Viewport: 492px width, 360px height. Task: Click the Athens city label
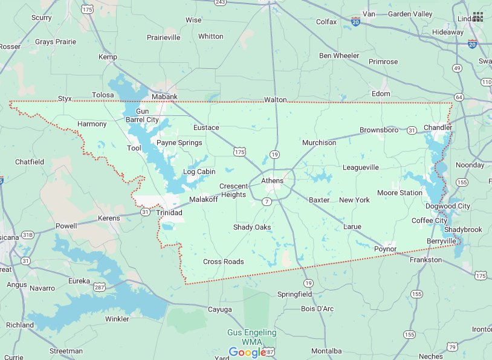pyautogui.click(x=272, y=181)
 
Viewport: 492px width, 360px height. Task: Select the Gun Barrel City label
pyautogui.click(x=142, y=115)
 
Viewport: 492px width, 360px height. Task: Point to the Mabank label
pyautogui.click(x=164, y=97)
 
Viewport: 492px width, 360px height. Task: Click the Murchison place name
pyautogui.click(x=319, y=143)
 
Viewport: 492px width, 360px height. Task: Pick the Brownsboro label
pyautogui.click(x=379, y=130)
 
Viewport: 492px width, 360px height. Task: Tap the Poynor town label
pyautogui.click(x=385, y=249)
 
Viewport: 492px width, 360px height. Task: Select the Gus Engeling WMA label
pyautogui.click(x=252, y=337)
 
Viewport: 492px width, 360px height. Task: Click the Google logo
pyautogui.click(x=247, y=352)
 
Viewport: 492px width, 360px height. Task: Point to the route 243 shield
pyautogui.click(x=221, y=2)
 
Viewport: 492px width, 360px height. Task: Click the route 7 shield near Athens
pyautogui.click(x=266, y=201)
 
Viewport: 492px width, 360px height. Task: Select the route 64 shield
pyautogui.click(x=459, y=97)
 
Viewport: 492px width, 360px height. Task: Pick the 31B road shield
pyautogui.click(x=27, y=235)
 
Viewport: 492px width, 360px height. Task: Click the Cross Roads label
pyautogui.click(x=224, y=262)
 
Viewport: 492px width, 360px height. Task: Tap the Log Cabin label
pyautogui.click(x=199, y=172)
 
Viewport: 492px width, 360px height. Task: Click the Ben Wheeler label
pyautogui.click(x=339, y=56)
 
